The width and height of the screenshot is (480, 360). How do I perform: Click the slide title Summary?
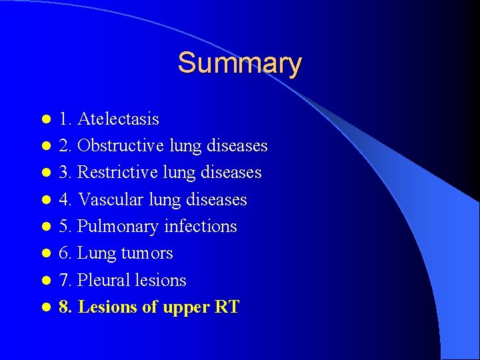pyautogui.click(x=239, y=63)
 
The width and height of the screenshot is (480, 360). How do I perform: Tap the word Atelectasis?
pyautogui.click(x=118, y=119)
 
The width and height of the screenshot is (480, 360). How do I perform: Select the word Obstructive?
pyautogui.click(x=121, y=146)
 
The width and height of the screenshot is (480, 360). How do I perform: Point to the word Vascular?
pyautogui.click(x=110, y=199)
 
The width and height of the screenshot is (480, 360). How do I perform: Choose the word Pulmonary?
pyautogui.click(x=118, y=227)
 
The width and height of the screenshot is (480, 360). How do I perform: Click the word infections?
pyautogui.click(x=200, y=227)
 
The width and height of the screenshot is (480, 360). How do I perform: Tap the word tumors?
pyautogui.click(x=148, y=253)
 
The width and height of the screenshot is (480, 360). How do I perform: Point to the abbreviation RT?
pyautogui.click(x=227, y=307)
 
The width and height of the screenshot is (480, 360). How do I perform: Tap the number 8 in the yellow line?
pyautogui.click(x=63, y=307)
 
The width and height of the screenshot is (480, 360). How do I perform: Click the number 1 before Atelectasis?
pyautogui.click(x=63, y=119)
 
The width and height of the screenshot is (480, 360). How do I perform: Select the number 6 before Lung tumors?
pyautogui.click(x=63, y=253)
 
